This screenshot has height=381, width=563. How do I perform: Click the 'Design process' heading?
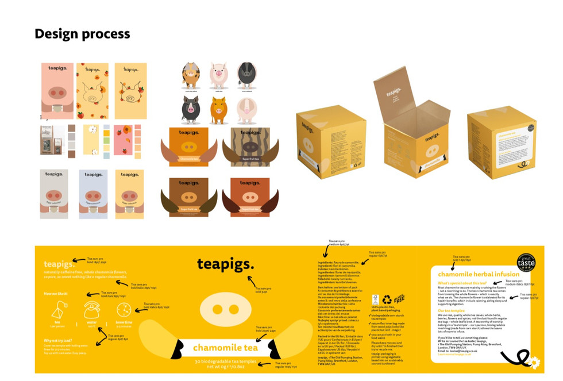[x=82, y=33]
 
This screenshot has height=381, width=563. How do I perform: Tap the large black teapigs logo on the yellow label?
[x=226, y=264]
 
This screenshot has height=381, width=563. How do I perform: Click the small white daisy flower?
[x=534, y=363]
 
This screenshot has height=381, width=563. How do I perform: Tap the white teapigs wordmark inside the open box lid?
[x=394, y=92]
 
